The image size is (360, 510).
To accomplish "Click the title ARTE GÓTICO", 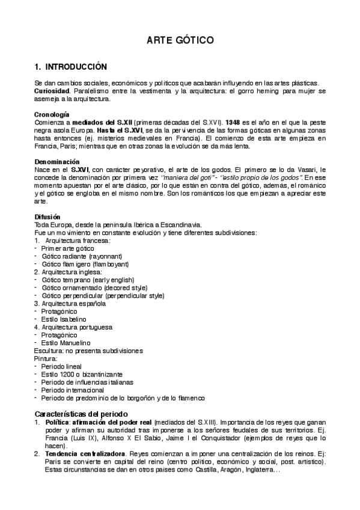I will click(180, 40).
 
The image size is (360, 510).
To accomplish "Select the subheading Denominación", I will click(57, 162).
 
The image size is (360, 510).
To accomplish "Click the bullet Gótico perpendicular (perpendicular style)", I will click(103, 296).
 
